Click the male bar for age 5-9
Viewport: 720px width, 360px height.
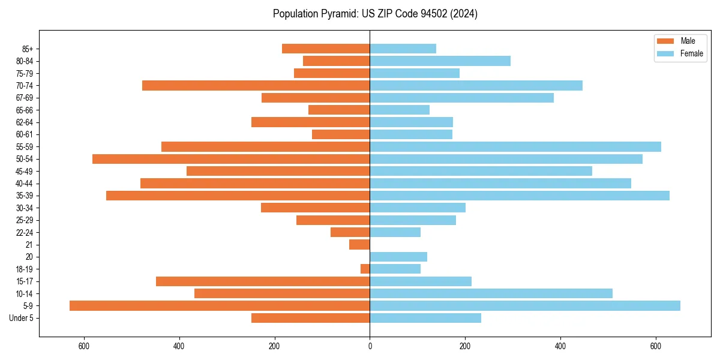[x=220, y=305]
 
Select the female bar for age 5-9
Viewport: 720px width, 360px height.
[x=525, y=305]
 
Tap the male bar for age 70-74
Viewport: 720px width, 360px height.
[x=256, y=85]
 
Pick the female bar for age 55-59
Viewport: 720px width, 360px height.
[x=515, y=146]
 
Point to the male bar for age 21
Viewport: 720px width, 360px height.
[x=359, y=244]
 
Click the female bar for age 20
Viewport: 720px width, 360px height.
[x=398, y=257]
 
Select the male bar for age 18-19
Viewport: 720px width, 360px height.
[x=365, y=269]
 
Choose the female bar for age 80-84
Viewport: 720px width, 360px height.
[x=440, y=61]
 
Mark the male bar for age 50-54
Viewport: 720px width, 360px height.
[x=231, y=159]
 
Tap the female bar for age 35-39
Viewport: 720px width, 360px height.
[x=520, y=196]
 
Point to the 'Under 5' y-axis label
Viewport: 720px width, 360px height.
[x=22, y=318]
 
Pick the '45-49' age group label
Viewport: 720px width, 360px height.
[x=24, y=171]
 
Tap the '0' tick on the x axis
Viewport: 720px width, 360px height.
[x=370, y=346]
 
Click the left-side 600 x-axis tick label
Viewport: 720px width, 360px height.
[x=84, y=346]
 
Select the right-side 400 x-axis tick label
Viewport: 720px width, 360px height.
[x=560, y=346]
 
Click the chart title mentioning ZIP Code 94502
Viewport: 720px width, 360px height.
[x=375, y=14]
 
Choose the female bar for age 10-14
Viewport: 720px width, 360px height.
[x=491, y=293]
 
